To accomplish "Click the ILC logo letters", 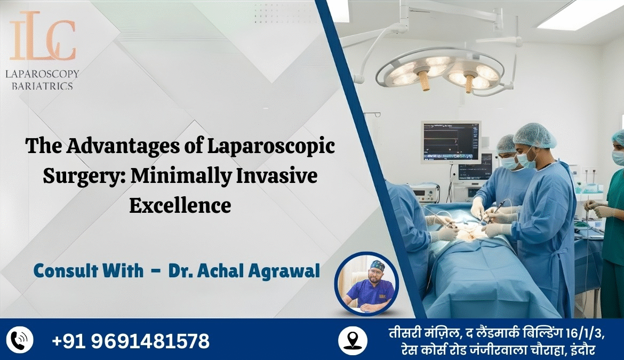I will pyautogui.click(x=42, y=39).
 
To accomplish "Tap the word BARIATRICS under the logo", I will pyautogui.click(x=42, y=85).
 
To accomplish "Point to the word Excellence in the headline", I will pyautogui.click(x=180, y=205).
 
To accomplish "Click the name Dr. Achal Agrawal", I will pyautogui.click(x=244, y=271).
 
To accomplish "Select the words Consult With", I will pyautogui.click(x=89, y=271).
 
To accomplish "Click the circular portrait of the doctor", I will pyautogui.click(x=366, y=284).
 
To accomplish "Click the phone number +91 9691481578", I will pyautogui.click(x=131, y=340).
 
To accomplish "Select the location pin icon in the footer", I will pyautogui.click(x=352, y=340).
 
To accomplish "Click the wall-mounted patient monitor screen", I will pyautogui.click(x=451, y=142).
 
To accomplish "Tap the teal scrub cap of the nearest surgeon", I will pyautogui.click(x=534, y=135).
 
